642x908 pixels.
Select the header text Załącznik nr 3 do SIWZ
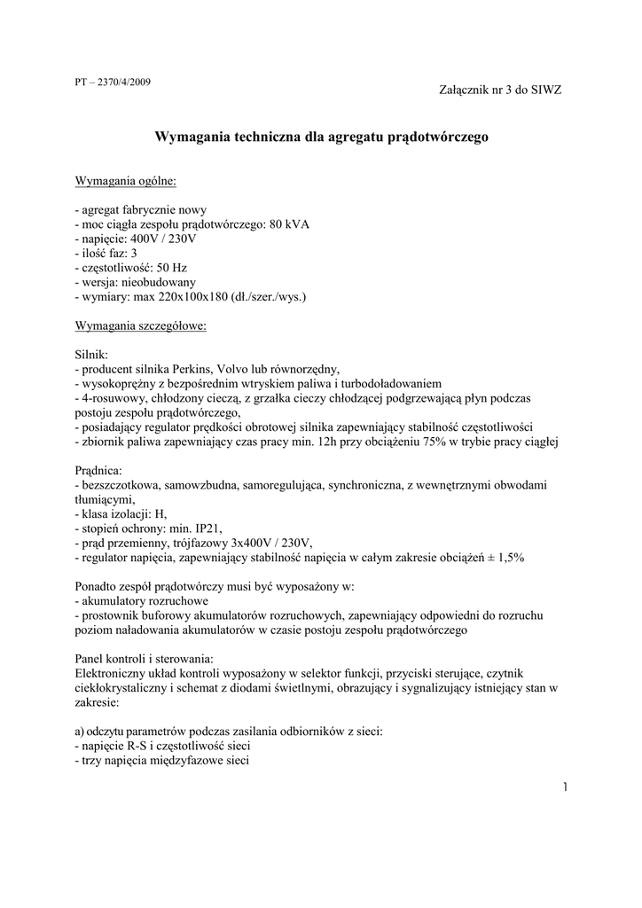tap(500, 90)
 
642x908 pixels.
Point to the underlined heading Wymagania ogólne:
tap(126, 182)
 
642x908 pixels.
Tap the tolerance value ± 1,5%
tap(504, 558)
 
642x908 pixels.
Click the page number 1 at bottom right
tap(565, 787)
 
